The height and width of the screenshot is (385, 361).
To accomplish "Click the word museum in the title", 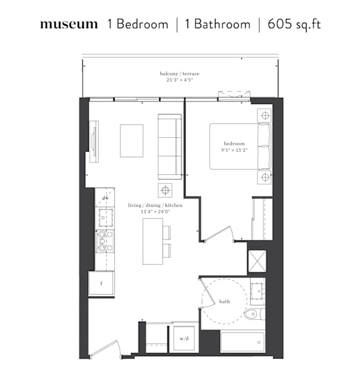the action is coord(69,24).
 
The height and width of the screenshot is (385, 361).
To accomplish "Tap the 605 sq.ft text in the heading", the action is coord(294,24).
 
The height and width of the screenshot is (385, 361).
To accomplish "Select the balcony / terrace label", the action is coord(180,73).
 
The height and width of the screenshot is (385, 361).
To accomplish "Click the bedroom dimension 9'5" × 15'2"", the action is coord(234,150).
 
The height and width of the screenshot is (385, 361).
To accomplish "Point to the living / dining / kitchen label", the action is coord(155,205).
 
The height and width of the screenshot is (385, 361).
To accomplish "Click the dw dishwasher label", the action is coord(105,198).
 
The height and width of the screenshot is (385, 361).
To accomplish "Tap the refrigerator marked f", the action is coord(102,283).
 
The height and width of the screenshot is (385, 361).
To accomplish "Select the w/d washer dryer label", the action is coord(184,339).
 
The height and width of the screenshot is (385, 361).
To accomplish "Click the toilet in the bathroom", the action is coord(254,314).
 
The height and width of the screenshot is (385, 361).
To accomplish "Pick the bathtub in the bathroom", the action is coord(243,342).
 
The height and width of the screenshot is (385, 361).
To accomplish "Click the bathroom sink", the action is coord(258,291).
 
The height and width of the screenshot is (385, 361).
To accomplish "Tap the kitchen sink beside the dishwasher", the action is coord(106,218).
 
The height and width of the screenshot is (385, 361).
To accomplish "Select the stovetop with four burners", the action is coord(105,241).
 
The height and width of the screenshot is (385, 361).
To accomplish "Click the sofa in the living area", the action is coord(170,147).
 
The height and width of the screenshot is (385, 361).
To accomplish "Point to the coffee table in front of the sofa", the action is coord(132,140).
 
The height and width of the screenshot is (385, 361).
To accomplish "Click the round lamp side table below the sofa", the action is coord(165,190).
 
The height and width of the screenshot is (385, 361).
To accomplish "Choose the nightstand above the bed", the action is coord(264,115).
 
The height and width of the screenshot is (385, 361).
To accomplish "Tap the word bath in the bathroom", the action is coord(224,301).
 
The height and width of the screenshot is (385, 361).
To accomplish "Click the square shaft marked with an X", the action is coord(257,261).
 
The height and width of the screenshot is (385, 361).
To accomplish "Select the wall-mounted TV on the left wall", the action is coord(94,142).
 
